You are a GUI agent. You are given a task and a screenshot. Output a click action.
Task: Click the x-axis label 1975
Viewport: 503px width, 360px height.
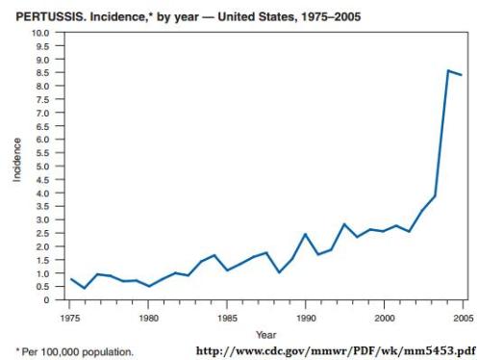click(x=71, y=316)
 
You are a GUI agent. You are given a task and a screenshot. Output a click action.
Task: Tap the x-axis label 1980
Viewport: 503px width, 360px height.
click(x=149, y=316)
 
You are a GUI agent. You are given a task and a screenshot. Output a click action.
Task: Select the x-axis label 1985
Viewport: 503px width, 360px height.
click(x=227, y=316)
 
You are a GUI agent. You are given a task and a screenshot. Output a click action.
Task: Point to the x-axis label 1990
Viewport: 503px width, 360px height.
click(x=305, y=316)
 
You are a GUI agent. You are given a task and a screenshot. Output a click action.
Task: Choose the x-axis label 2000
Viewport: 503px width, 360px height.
click(x=384, y=316)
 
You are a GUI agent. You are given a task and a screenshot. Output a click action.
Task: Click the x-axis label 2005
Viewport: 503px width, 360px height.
click(x=463, y=316)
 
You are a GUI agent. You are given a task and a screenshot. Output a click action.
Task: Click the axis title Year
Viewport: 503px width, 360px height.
click(x=264, y=334)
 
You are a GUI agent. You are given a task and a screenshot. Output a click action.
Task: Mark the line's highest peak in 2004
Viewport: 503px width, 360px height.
click(x=448, y=71)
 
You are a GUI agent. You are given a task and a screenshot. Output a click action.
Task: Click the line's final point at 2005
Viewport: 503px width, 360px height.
click(x=463, y=75)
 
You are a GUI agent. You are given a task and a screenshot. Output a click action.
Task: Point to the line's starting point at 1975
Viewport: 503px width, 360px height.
click(x=71, y=279)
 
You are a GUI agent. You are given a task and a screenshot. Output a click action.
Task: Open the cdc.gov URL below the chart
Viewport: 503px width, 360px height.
click(x=335, y=349)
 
